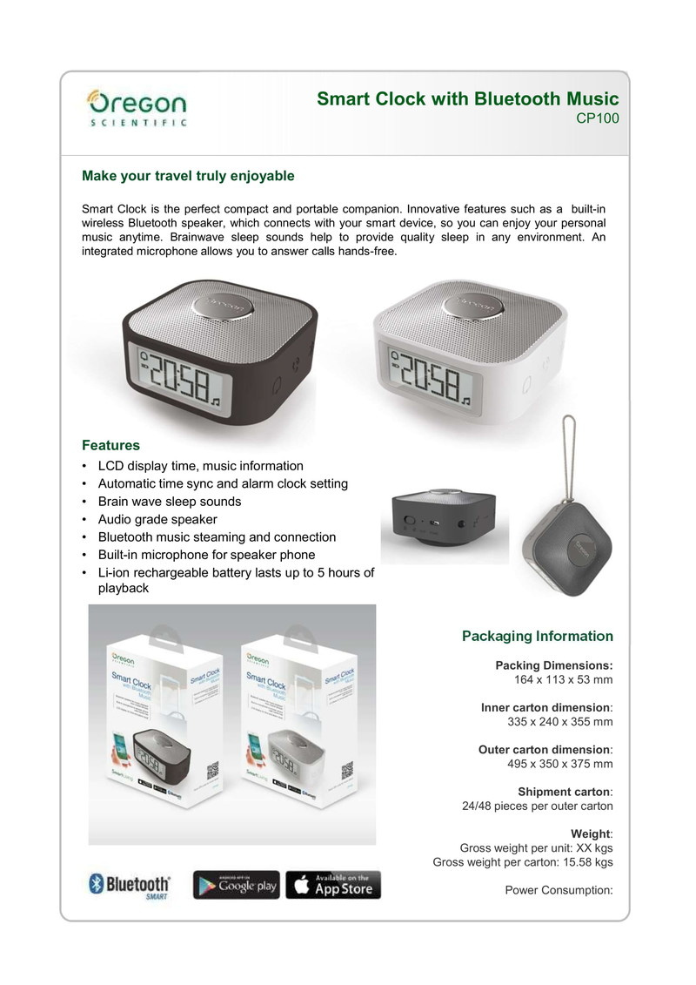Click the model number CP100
pyautogui.click(x=598, y=119)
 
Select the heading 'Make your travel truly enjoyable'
pyautogui.click(x=188, y=176)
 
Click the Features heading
pyautogui.click(x=110, y=445)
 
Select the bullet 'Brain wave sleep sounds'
pyautogui.click(x=170, y=502)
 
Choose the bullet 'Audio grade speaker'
pyautogui.click(x=157, y=519)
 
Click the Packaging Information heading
pyautogui.click(x=537, y=636)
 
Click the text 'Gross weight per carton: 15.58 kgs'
pyautogui.click(x=523, y=862)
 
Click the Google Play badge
pyautogui.click(x=236, y=885)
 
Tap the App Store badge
pyautogui.click(x=333, y=885)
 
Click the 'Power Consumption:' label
pyautogui.click(x=559, y=890)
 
